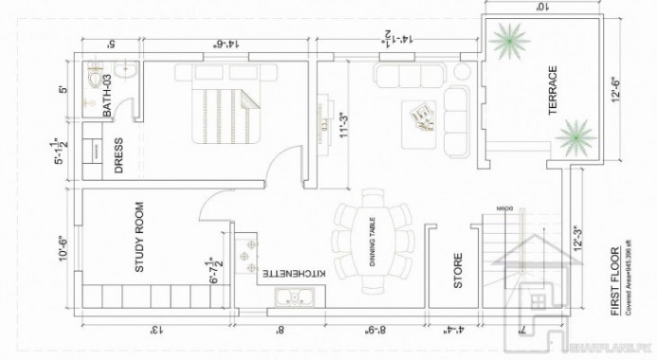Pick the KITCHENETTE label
point(295,273)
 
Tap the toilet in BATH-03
point(93,81)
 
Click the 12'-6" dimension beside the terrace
point(617,92)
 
